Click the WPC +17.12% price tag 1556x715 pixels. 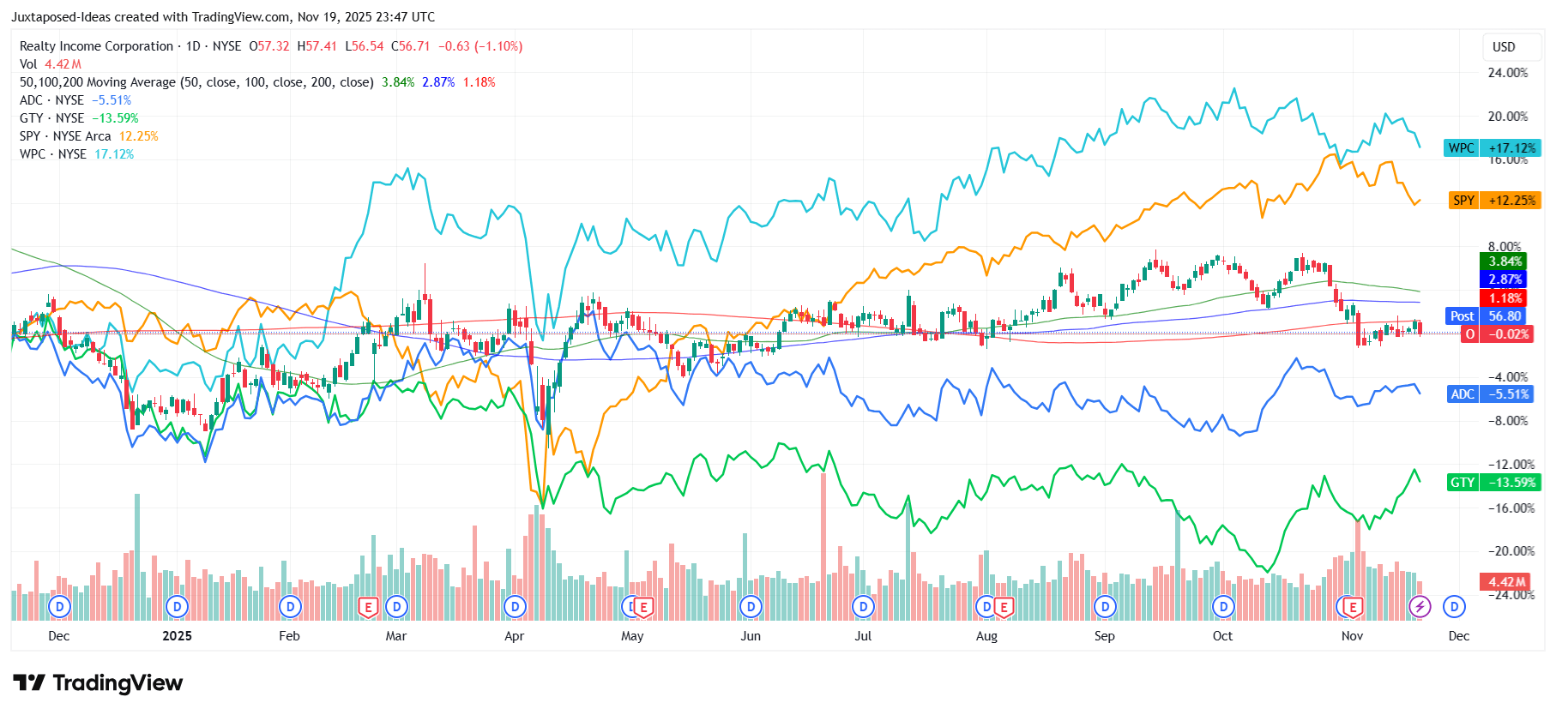[x=1492, y=148]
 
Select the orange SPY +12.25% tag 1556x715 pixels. [x=1493, y=201]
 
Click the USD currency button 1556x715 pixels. [x=1504, y=47]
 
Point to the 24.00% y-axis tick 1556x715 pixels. [x=1507, y=73]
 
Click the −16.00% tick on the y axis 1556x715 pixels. [x=1511, y=508]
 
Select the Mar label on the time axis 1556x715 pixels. [x=395, y=636]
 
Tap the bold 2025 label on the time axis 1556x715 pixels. [x=177, y=636]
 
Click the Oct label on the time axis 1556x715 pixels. [x=1222, y=636]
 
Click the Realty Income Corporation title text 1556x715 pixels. [x=96, y=46]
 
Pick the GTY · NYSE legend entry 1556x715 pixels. [x=51, y=118]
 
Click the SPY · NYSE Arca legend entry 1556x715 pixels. [x=65, y=136]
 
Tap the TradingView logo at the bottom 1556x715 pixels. [x=98, y=683]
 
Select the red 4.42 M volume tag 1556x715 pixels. [x=1506, y=582]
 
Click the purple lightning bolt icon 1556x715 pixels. [x=1420, y=607]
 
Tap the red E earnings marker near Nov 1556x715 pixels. [x=1352, y=607]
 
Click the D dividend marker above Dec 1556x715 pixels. [x=1454, y=607]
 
